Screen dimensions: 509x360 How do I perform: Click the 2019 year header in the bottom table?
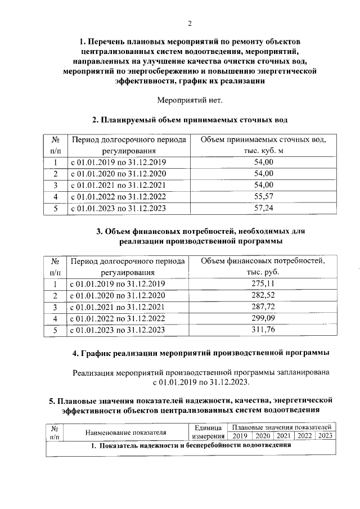pyautogui.click(x=240, y=436)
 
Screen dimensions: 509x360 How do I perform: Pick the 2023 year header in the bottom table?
pyautogui.click(x=325, y=436)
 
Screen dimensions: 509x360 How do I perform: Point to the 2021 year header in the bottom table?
pyautogui.click(x=283, y=436)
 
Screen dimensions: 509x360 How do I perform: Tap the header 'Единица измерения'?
pyautogui.click(x=208, y=432)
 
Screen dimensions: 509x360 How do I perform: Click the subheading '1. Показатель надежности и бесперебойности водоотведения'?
pyautogui.click(x=191, y=445)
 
